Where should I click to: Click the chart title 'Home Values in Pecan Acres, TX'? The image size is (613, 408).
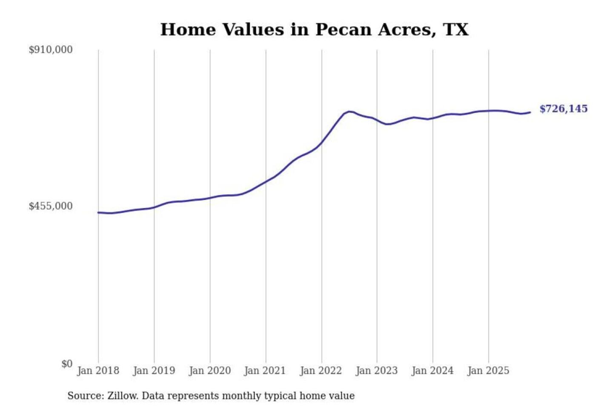[x=314, y=30]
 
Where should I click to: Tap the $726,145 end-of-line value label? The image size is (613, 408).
[x=563, y=109]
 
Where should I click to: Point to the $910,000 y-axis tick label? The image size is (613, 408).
[x=51, y=50]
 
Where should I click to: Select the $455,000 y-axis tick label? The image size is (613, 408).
[x=51, y=206]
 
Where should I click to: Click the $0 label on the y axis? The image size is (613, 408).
[x=67, y=364]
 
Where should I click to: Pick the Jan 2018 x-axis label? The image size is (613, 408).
[x=98, y=371]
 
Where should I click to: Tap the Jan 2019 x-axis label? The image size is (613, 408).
[x=154, y=371]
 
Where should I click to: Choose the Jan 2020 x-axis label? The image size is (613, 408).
[x=209, y=371]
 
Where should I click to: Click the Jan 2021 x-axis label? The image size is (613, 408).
[x=265, y=371]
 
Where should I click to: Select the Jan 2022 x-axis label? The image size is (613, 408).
[x=321, y=371]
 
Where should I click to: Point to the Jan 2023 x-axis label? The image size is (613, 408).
[x=376, y=371]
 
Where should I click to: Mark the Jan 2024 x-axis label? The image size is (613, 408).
[x=432, y=371]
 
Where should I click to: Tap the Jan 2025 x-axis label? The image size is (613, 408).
[x=488, y=371]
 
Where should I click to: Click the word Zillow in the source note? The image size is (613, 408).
[x=123, y=396]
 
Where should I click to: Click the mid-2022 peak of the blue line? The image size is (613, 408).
[x=349, y=111]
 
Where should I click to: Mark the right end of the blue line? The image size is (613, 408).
[x=530, y=112]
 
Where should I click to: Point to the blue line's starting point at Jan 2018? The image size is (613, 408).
[x=98, y=212]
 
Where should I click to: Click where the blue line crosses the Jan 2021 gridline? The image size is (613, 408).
[x=266, y=181]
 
